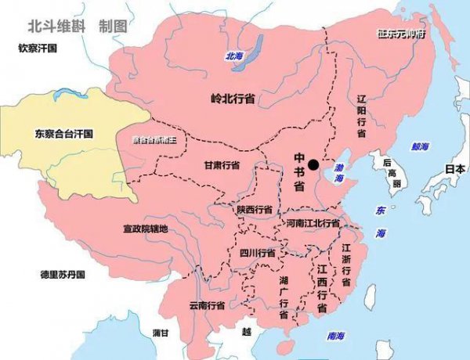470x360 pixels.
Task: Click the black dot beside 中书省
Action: pyautogui.click(x=313, y=164)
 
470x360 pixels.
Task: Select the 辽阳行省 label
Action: pyautogui.click(x=361, y=117)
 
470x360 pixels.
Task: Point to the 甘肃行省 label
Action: pyautogui.click(x=222, y=165)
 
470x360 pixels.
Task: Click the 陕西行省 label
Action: pyautogui.click(x=255, y=210)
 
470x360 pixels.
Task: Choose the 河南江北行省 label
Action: pyautogui.click(x=313, y=223)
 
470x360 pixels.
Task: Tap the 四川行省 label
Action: pyautogui.click(x=257, y=253)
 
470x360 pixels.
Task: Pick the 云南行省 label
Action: pyautogui.click(x=207, y=304)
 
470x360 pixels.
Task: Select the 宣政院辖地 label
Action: pyautogui.click(x=146, y=229)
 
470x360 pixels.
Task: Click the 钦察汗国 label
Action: pyautogui.click(x=39, y=49)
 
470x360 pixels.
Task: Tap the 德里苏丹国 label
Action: pyautogui.click(x=63, y=275)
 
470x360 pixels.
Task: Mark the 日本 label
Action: pyautogui.click(x=454, y=168)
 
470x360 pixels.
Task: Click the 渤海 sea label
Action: pyautogui.click(x=338, y=173)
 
